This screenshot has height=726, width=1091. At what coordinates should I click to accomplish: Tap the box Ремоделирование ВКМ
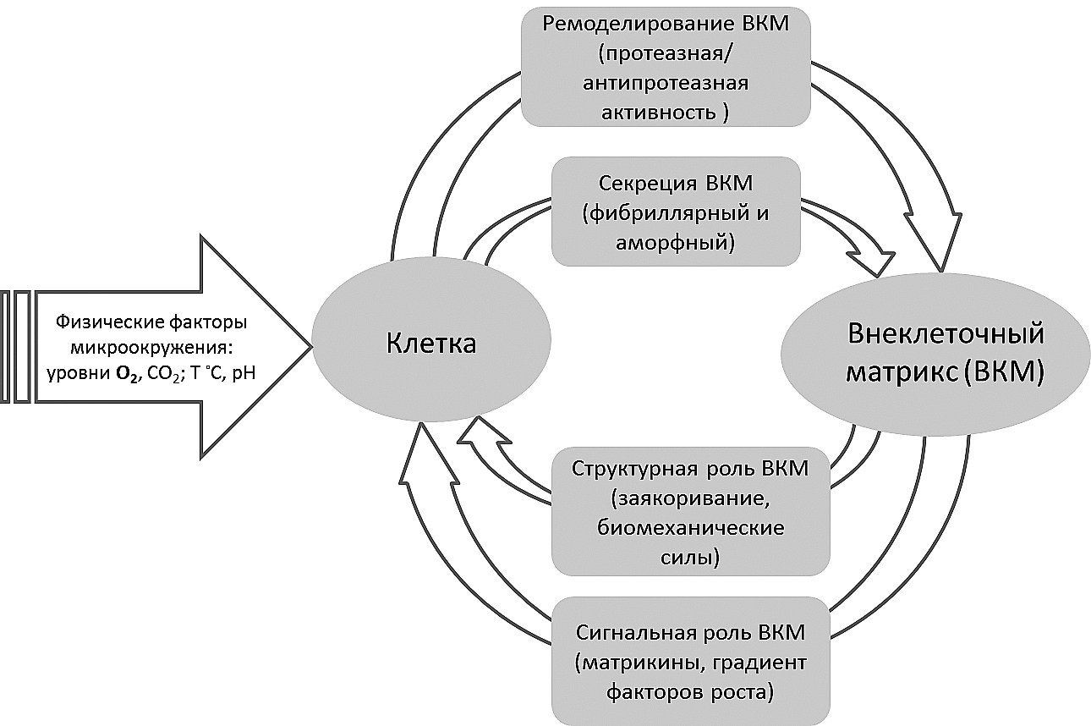[x=666, y=66]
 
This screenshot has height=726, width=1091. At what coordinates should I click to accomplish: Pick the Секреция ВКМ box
[x=675, y=212]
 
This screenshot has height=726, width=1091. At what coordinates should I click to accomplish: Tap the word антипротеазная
[x=666, y=84]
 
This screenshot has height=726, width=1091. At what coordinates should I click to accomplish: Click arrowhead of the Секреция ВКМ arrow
[x=880, y=257]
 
